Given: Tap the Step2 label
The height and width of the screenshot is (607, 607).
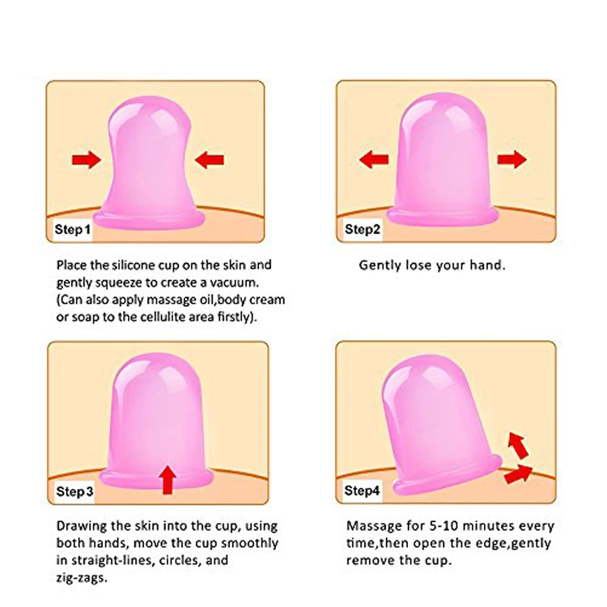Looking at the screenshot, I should coord(363,229).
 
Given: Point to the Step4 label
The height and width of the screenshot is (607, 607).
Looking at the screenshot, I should coord(363,490).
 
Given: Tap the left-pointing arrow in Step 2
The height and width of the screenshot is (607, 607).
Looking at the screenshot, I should coord(373,159).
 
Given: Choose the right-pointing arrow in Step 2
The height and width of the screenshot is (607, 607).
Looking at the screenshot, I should coord(511,159).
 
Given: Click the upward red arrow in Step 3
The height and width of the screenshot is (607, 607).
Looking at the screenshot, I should coord(168,479).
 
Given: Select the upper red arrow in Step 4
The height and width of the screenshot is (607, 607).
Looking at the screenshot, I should coord(516,444).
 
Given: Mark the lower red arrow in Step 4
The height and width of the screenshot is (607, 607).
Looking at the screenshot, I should coord(518,474).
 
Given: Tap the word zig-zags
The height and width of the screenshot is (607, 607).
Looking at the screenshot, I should coord(82,578).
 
